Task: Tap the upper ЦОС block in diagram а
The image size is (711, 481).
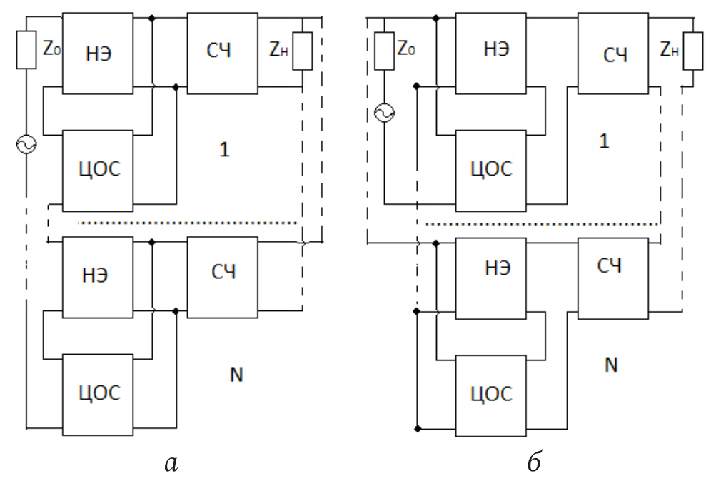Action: [98, 171]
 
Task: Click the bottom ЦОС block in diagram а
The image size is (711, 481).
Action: [98, 392]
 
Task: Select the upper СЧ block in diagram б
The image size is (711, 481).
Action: [613, 54]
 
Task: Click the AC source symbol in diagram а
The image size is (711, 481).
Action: [26, 146]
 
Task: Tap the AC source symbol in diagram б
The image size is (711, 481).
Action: [383, 113]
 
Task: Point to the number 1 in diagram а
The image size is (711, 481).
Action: [226, 151]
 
